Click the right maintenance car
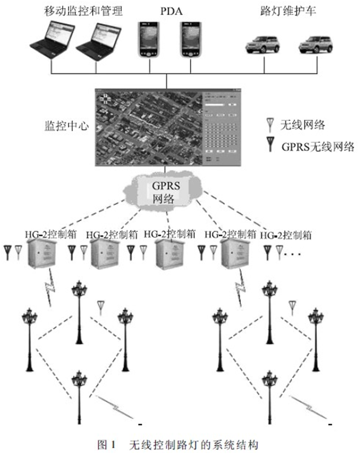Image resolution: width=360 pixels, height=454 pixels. (316, 45)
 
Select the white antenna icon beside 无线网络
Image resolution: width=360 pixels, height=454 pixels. (270, 125)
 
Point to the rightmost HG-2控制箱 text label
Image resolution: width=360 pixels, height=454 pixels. (286, 234)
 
